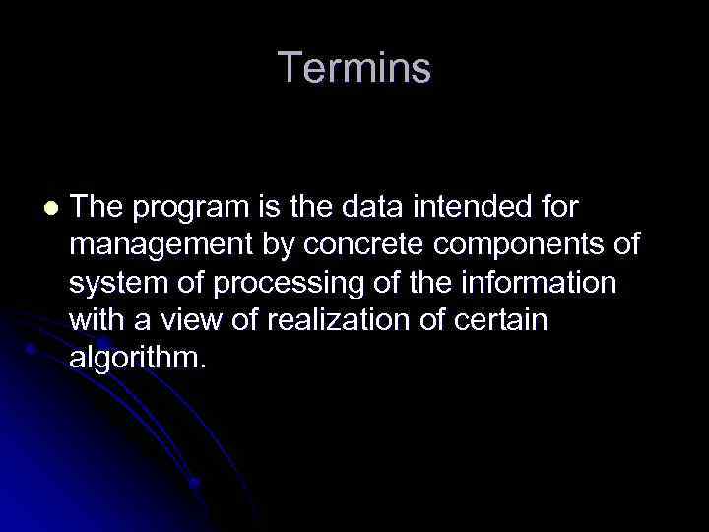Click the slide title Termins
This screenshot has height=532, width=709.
(x=354, y=68)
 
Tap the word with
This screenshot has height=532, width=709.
(x=95, y=320)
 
